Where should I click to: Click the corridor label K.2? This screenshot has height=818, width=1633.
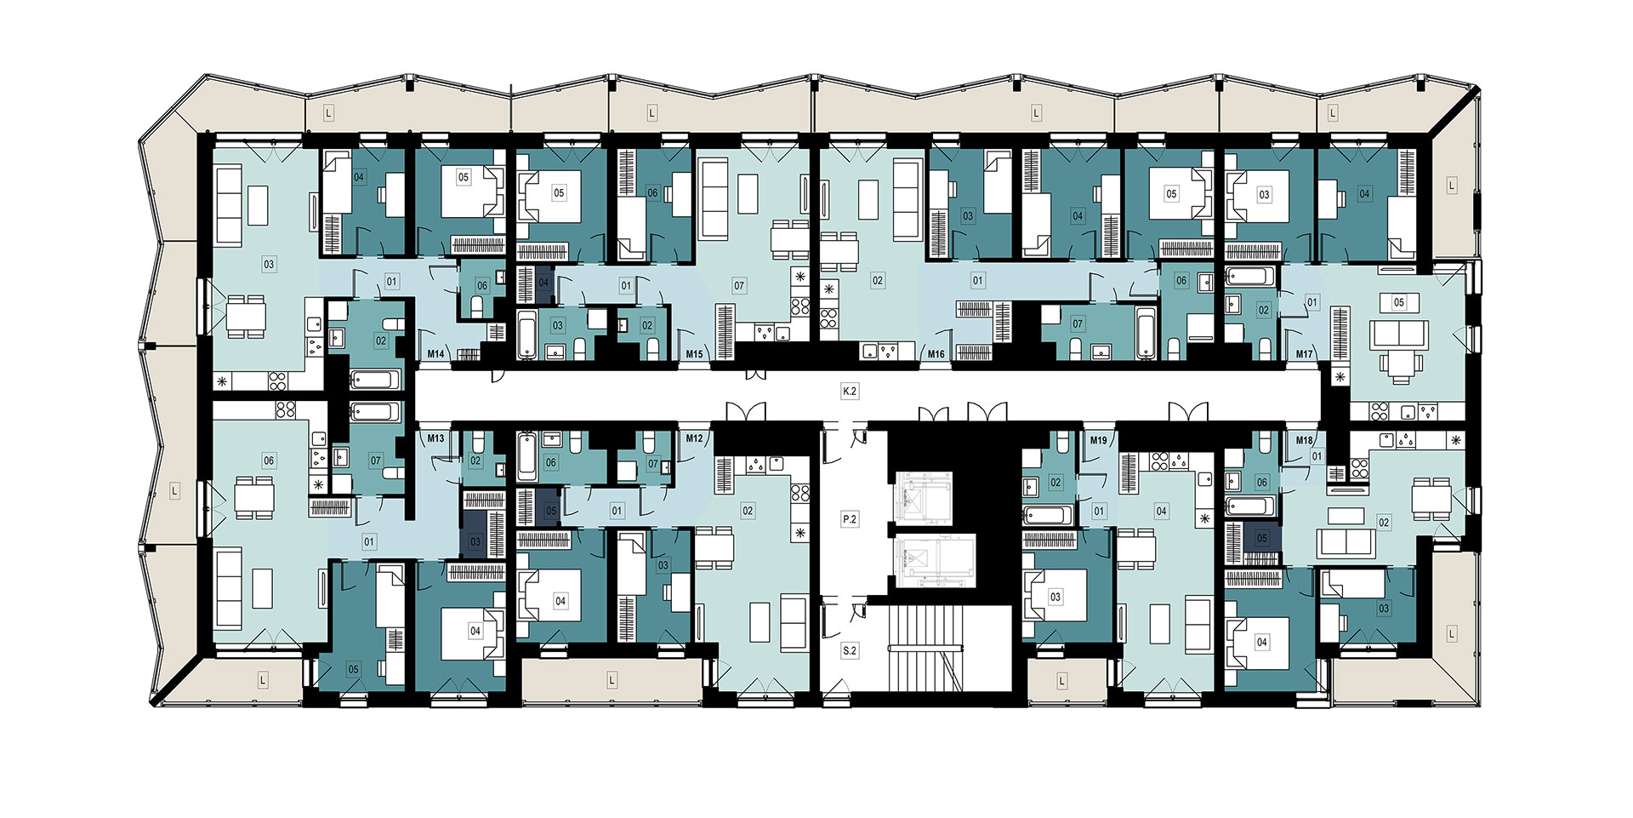click(x=849, y=392)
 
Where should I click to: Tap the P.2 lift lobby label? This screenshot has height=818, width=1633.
click(x=849, y=519)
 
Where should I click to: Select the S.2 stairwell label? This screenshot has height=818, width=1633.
click(x=849, y=650)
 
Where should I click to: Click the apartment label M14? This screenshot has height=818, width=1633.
click(x=435, y=354)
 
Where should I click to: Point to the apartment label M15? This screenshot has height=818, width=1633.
click(x=695, y=354)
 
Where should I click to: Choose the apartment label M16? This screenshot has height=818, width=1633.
click(x=936, y=354)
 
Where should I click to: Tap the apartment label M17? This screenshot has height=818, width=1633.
click(x=1305, y=354)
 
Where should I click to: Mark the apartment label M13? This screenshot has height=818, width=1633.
click(x=435, y=439)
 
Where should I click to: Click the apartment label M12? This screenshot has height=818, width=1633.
click(x=695, y=439)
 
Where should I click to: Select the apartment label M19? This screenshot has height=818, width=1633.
click(x=1099, y=440)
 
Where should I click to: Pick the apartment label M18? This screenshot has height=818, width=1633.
click(x=1305, y=440)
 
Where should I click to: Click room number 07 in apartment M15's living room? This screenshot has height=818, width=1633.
click(x=739, y=287)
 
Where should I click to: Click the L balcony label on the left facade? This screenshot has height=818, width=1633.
click(x=174, y=491)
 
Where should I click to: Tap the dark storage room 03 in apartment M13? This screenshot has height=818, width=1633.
click(x=475, y=541)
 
